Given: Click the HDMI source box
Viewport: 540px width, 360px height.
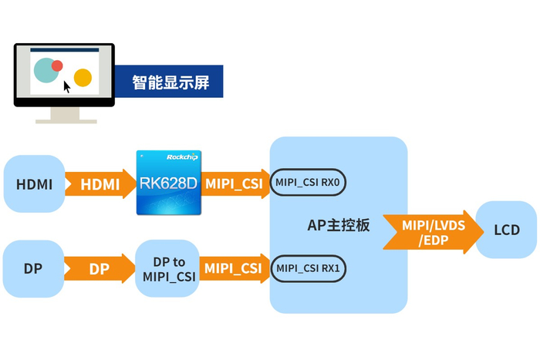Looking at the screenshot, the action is point(34,183).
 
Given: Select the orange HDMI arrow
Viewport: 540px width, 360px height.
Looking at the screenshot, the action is point(100,183).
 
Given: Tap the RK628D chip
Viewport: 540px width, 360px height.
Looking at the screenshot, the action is point(169,183).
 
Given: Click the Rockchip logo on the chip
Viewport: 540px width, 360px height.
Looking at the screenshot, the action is point(182,157).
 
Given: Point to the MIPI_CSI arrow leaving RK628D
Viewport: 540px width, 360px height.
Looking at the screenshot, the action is point(235,183).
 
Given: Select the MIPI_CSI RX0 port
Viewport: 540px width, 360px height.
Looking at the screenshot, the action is point(308,183).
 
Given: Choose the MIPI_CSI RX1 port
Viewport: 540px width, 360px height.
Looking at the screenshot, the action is point(308,268).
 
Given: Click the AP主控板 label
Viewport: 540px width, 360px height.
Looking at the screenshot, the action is point(339,225).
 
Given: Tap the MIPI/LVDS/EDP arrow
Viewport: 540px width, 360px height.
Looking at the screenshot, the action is point(434,232).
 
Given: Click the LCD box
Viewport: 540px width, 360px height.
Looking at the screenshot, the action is point(506,230).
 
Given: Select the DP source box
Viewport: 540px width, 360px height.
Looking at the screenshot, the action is point(33,269).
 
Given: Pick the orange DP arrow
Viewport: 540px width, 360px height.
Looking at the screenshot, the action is point(100,269).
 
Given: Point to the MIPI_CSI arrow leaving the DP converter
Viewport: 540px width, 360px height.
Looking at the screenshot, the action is point(235,268).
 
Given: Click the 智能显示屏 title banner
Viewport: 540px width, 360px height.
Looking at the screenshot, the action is point(169,82).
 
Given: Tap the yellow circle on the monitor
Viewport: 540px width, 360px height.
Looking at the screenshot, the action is point(83,77).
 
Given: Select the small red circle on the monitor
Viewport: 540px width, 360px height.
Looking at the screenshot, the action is point(57,66).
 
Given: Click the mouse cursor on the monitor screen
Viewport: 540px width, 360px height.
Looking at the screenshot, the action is point(66,87).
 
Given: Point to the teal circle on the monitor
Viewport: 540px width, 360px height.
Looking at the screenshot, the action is point(46,71).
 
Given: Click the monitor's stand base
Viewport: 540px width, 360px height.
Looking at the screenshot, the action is point(66,121).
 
